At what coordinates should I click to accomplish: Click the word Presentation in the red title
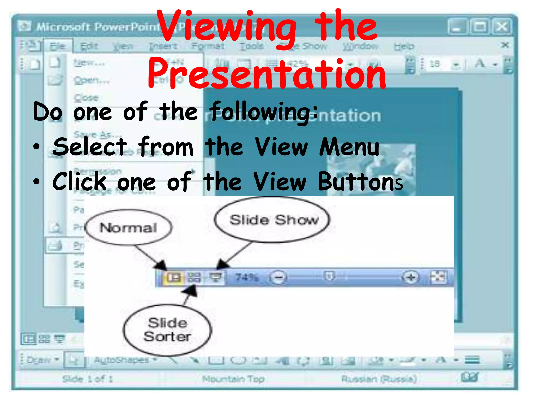pyautogui.click(x=266, y=74)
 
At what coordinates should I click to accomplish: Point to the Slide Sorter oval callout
pyautogui.click(x=167, y=330)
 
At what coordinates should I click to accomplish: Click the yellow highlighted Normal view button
pyautogui.click(x=173, y=277)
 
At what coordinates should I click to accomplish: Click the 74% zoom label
pyautogui.click(x=247, y=278)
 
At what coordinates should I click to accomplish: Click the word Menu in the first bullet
pyautogui.click(x=349, y=147)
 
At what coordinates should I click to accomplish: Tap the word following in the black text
pyautogui.click(x=263, y=112)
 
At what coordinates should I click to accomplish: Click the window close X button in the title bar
pyautogui.click(x=502, y=27)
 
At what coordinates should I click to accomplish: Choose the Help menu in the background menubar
pyautogui.click(x=404, y=46)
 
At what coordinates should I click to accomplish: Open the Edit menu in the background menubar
pyautogui.click(x=89, y=46)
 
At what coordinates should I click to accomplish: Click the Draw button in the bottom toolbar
pyautogui.click(x=39, y=360)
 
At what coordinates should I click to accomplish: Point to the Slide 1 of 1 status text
pyautogui.click(x=87, y=379)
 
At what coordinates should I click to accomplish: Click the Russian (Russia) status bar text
pyautogui.click(x=379, y=379)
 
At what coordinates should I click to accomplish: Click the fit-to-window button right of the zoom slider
pyautogui.click(x=438, y=277)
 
